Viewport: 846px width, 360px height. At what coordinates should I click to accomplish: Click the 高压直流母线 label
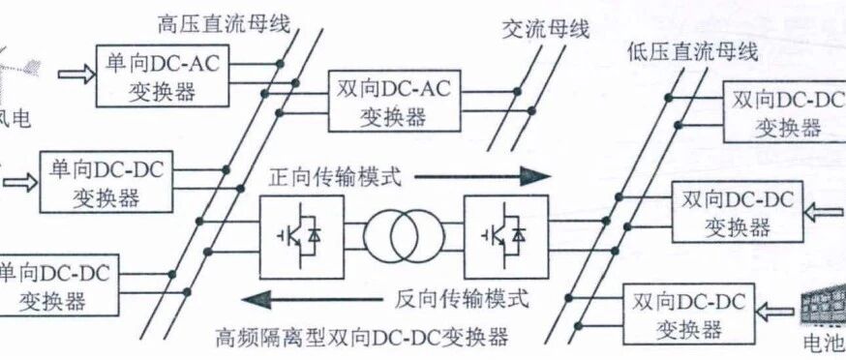click(224, 24)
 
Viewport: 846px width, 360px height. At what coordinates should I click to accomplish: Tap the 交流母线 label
click(546, 30)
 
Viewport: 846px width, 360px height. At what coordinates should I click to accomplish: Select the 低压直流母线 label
click(693, 52)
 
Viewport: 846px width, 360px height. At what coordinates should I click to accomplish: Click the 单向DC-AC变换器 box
click(162, 75)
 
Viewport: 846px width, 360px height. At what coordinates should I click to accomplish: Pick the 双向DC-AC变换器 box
click(395, 101)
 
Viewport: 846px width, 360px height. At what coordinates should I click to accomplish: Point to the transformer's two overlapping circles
click(404, 237)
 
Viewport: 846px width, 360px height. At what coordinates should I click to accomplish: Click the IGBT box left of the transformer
click(302, 237)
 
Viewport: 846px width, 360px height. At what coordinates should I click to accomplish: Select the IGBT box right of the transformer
click(506, 237)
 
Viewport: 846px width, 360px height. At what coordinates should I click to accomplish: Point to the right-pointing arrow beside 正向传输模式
click(482, 176)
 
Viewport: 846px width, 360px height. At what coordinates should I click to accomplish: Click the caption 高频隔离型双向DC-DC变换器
click(361, 339)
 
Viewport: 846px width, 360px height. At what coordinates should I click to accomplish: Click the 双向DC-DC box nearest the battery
click(689, 313)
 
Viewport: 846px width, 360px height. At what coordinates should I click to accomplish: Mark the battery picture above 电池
click(822, 308)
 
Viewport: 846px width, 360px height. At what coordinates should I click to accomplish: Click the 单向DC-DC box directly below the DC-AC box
click(106, 182)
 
